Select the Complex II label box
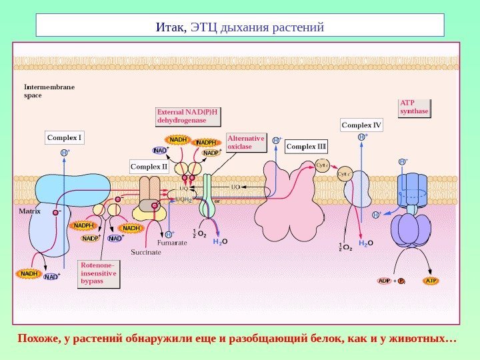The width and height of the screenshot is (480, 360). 149,167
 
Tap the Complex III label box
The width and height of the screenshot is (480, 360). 306,146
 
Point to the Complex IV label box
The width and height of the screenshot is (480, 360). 362,125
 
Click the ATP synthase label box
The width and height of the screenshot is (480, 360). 414,107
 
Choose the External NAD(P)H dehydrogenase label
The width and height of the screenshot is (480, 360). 188,116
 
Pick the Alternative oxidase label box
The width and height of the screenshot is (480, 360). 245,143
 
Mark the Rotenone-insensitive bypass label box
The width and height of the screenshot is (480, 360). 99,273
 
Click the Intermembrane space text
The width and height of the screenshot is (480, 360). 49,91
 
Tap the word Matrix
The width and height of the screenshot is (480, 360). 30,211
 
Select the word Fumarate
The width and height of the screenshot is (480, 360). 172,243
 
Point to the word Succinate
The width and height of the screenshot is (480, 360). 146,253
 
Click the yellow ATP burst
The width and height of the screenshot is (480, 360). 431,281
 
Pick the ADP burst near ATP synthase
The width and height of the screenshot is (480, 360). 385,281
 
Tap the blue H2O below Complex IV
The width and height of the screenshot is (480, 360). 366,244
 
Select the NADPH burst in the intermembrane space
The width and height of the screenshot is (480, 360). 206,142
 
